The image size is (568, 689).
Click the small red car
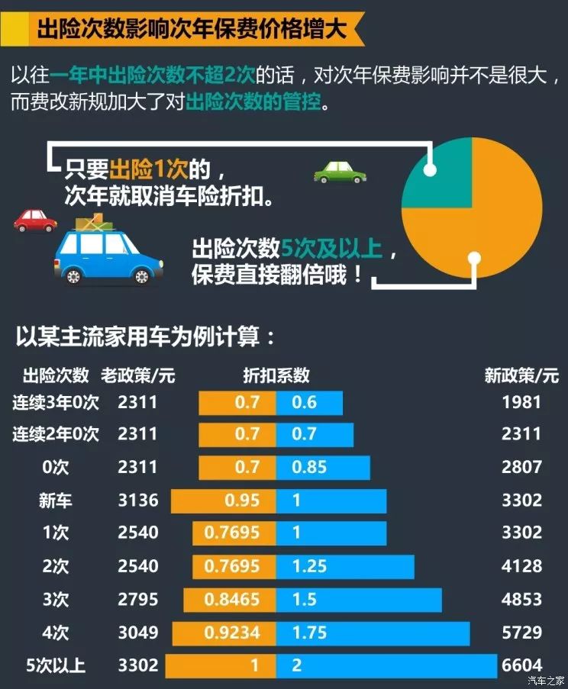35,221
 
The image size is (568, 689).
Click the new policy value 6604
521,665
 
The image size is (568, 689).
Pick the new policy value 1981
521,402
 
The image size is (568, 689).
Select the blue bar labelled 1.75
373,633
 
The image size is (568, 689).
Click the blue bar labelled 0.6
309,402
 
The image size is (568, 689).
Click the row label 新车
56,501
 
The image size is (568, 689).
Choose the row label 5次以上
56,665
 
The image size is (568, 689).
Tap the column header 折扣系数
276,375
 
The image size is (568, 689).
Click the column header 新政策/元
521,375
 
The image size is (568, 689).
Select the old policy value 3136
138,501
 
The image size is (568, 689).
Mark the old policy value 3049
138,633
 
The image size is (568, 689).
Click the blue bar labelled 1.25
345,566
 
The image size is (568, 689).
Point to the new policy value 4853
521,599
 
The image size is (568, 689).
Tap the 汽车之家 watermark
546,681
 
